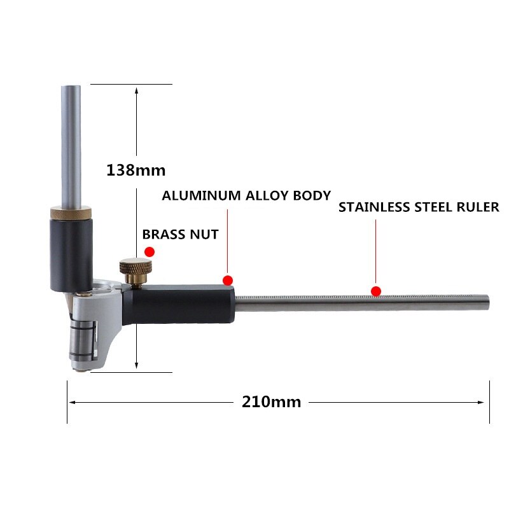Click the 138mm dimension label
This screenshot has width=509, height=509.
(136, 170)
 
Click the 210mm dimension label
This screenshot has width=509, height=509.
(271, 401)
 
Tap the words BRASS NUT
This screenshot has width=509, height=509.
(181, 234)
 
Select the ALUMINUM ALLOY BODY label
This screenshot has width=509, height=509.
(246, 195)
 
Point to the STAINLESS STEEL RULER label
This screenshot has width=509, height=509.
(419, 207)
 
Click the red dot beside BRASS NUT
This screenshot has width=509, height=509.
(150, 252)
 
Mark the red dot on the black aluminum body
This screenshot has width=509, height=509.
(228, 280)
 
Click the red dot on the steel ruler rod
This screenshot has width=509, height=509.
(376, 291)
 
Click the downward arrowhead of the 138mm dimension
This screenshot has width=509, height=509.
(136, 366)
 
